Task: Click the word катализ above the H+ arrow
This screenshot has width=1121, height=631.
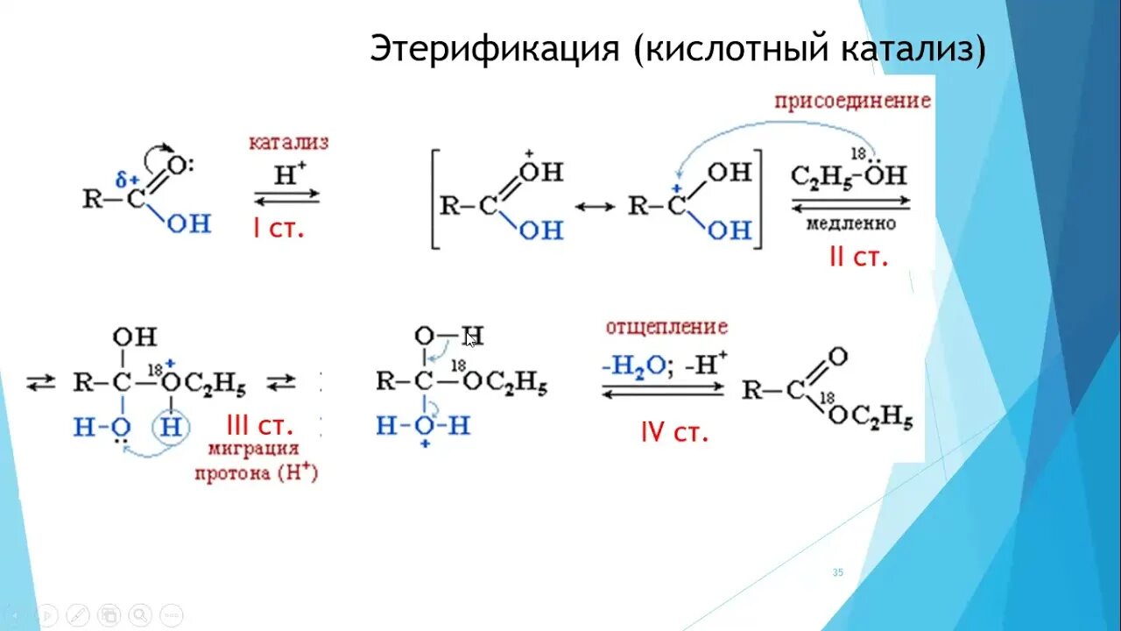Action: [288, 142]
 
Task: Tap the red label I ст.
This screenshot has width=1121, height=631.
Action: [278, 230]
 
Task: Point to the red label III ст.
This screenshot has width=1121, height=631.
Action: [259, 426]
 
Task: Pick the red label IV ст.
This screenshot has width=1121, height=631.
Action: [673, 431]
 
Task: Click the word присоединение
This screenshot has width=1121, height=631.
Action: [852, 101]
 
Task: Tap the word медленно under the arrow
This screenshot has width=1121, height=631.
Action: [850, 224]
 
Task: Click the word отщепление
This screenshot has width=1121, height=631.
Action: [666, 327]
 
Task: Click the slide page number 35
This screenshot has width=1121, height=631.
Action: [837, 572]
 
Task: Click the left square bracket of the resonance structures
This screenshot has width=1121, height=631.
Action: [434, 200]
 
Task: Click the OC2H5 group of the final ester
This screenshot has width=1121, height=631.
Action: [871, 417]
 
